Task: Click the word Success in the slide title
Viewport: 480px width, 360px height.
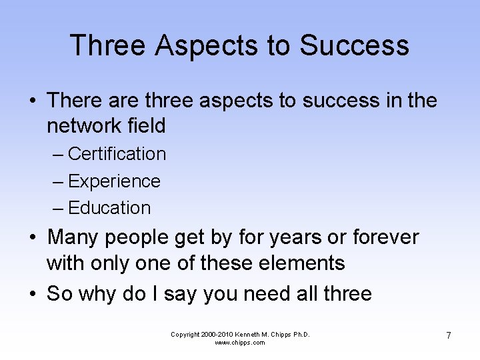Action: pos(354,45)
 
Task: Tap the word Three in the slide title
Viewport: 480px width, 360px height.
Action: pos(107,45)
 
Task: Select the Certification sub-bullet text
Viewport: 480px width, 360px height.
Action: pos(117,154)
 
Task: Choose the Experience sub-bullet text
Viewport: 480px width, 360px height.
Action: pos(114,181)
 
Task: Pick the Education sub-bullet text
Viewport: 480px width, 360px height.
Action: pos(109,208)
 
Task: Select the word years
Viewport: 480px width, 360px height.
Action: pos(287,237)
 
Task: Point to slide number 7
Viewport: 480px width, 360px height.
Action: pos(449,335)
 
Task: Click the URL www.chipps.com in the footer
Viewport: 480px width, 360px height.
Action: pos(240,343)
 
